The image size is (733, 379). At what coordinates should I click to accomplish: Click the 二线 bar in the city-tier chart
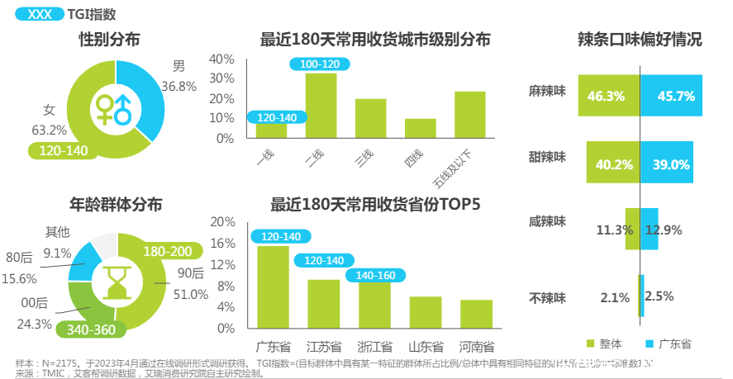point(321,106)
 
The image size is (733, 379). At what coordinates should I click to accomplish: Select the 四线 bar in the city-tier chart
point(420,129)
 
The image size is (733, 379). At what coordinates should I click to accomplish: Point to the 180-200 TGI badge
point(167,252)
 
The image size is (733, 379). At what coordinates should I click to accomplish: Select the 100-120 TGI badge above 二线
point(319,64)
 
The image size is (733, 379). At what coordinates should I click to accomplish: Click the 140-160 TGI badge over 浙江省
point(376,276)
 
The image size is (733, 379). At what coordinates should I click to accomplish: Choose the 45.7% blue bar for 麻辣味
point(671,96)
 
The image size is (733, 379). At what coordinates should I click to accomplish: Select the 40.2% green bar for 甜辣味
point(613,163)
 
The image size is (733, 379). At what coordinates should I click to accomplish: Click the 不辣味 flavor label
point(548,296)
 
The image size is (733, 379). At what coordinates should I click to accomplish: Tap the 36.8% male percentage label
point(178,86)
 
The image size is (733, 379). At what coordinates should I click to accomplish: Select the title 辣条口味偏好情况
point(640,39)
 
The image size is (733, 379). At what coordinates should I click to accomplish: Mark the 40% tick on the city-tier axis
point(222,59)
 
